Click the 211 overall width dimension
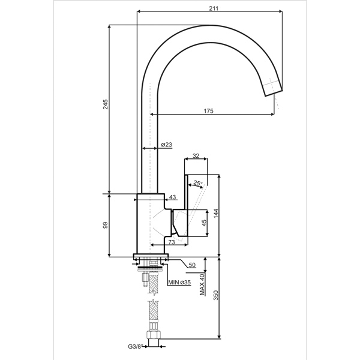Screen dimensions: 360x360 (214, 8)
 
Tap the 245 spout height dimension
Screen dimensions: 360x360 (105, 104)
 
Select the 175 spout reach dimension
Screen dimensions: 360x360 (208, 111)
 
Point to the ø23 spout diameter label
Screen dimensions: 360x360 (166, 145)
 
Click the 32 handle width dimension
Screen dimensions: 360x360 (196, 156)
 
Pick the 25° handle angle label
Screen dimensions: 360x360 (197, 183)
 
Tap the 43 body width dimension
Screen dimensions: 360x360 (172, 197)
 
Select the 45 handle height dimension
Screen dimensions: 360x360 (204, 223)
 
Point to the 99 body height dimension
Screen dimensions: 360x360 (105, 225)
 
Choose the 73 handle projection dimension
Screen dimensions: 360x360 (172, 242)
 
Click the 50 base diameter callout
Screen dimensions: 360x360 (192, 265)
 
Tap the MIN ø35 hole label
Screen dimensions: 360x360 (179, 282)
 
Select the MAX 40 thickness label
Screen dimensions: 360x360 (202, 284)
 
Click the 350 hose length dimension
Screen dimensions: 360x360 (216, 295)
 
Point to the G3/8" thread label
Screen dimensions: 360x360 (135, 346)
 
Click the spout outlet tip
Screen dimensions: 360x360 (274, 92)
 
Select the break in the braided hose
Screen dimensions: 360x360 (154, 298)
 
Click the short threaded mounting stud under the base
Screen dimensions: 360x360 (145, 279)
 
